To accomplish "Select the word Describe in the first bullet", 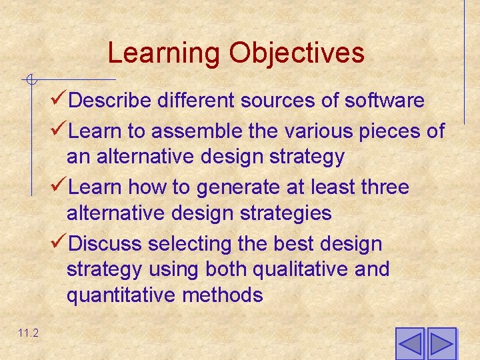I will tap(112, 101).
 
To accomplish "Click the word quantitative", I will tap(120, 295).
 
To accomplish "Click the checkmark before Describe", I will tap(59, 100).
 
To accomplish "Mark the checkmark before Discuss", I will tap(59, 243).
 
